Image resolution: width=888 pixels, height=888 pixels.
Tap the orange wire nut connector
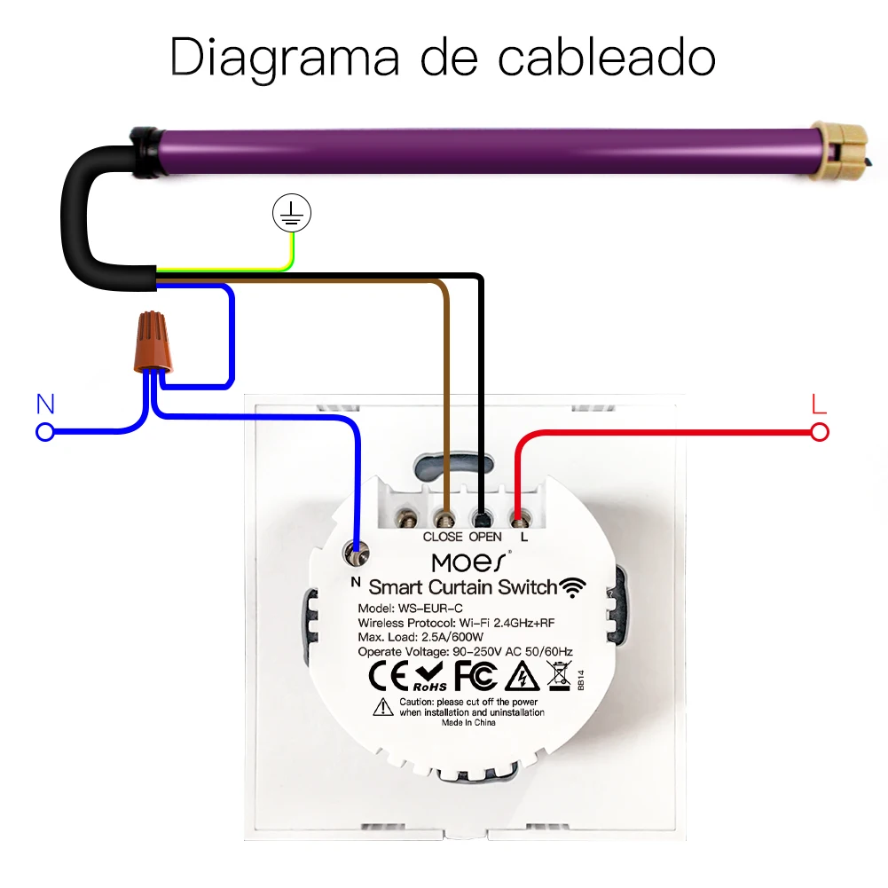[x=155, y=342]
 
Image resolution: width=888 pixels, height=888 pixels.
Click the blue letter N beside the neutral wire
[x=45, y=405]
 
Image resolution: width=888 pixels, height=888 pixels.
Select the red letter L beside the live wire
[x=819, y=405]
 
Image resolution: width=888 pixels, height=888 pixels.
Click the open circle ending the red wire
[x=820, y=432]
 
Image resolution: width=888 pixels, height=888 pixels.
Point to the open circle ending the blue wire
[x=44, y=432]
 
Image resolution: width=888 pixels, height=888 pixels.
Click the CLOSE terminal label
[x=443, y=537]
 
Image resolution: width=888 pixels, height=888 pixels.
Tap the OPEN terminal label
[x=485, y=537]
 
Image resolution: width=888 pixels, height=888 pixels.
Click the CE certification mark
[x=387, y=677]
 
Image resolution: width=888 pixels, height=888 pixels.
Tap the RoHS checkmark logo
[x=428, y=677]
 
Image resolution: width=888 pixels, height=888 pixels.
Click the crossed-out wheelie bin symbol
[x=559, y=677]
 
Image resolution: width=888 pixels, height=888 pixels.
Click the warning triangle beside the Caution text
[x=382, y=706]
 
